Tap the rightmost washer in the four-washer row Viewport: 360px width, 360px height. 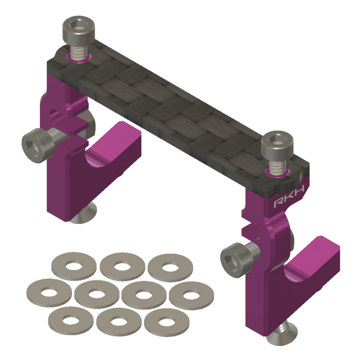point(191,296)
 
